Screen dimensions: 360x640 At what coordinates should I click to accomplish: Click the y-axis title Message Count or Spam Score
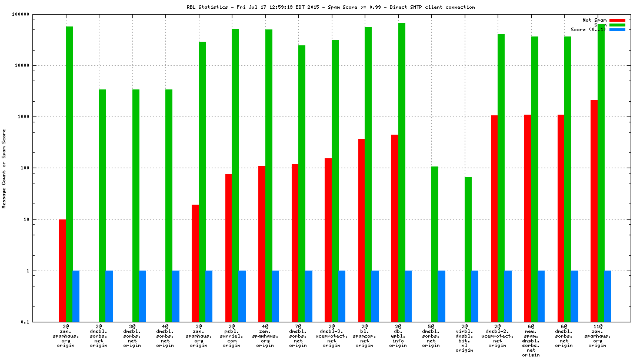pyautogui.click(x=4, y=169)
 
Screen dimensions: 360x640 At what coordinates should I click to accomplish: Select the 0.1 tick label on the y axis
pyautogui.click(x=24, y=322)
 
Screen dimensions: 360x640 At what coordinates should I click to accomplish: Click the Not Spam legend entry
pyautogui.click(x=595, y=20)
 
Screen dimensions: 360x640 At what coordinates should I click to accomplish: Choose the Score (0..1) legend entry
pyautogui.click(x=589, y=29)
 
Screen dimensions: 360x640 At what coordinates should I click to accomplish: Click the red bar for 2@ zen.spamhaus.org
pyautogui.click(x=62, y=271)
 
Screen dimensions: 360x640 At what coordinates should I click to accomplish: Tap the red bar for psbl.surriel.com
pyautogui.click(x=228, y=248)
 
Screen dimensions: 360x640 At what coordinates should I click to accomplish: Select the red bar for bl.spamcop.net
pyautogui.click(x=361, y=230)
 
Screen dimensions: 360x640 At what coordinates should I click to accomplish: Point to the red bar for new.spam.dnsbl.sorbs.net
pyautogui.click(x=528, y=218)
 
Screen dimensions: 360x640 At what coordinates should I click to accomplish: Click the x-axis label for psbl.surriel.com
pyautogui.click(x=231, y=335)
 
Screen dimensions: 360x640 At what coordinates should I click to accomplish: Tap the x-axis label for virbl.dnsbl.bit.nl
pyautogui.click(x=464, y=338)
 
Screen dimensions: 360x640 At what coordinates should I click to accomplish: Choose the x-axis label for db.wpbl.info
pyautogui.click(x=398, y=335)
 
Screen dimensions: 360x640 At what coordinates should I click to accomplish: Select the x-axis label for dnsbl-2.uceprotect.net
pyautogui.click(x=498, y=335)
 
